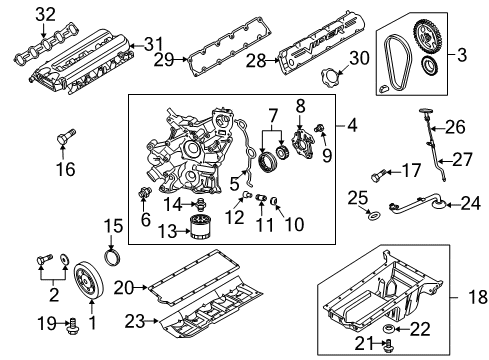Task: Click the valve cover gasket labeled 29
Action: (222, 60)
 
